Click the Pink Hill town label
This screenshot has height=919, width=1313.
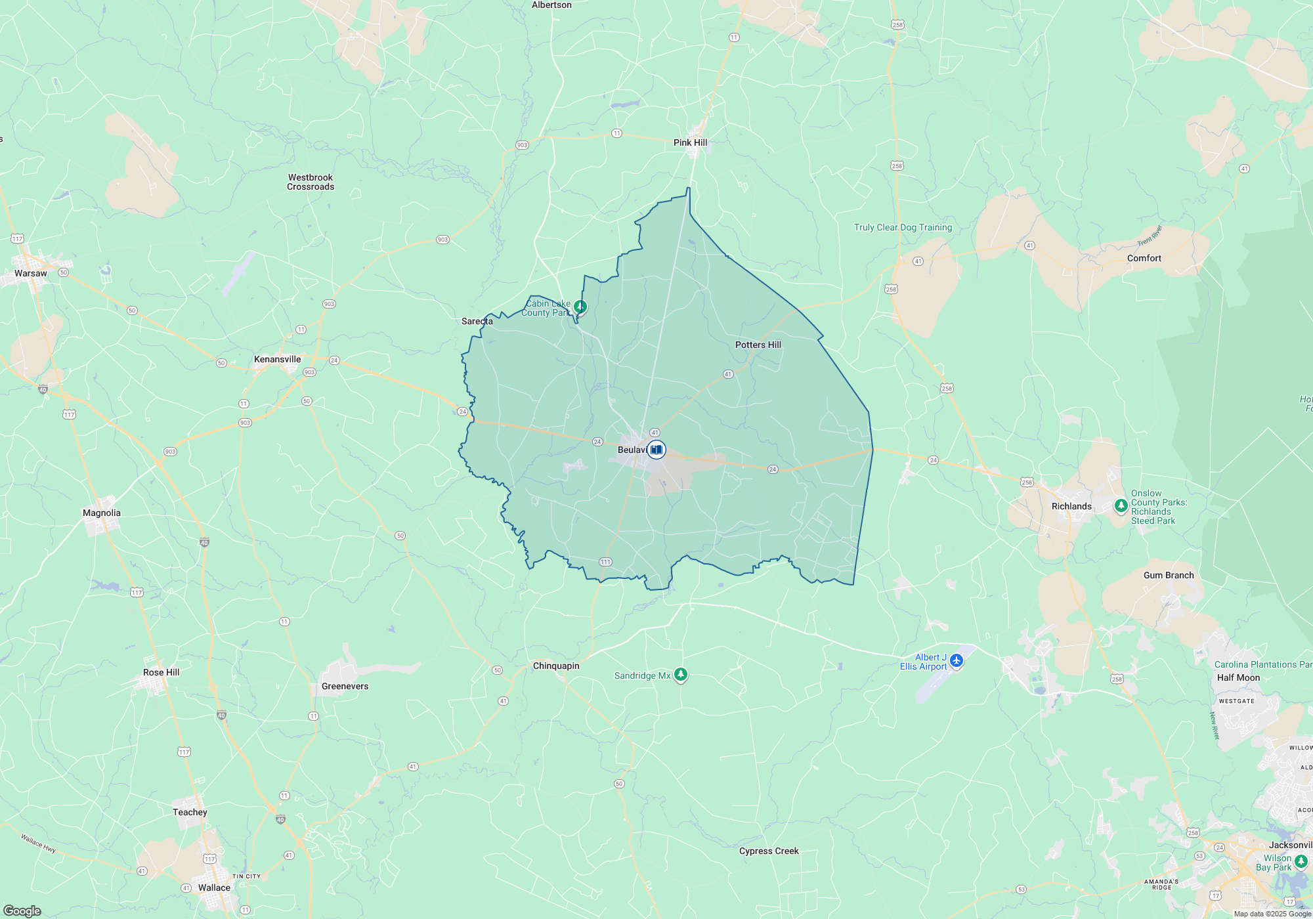pos(690,142)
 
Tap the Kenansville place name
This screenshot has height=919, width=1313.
pos(277,359)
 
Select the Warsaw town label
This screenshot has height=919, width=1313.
pos(31,273)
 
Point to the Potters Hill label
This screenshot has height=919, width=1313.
pos(758,345)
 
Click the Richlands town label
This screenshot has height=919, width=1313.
pos(1071,506)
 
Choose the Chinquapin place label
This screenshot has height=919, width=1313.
pos(555,666)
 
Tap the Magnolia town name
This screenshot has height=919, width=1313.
pos(101,513)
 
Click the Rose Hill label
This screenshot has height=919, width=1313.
pos(161,672)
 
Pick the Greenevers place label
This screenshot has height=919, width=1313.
pos(345,686)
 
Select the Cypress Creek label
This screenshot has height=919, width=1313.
pos(768,851)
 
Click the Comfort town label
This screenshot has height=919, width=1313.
pos(1144,258)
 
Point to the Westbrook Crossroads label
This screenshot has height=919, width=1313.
pos(311,182)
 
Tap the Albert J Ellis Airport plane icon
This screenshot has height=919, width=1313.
pos(957,660)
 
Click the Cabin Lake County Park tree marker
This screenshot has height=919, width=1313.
pos(580,307)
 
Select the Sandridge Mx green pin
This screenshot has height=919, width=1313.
pos(681,674)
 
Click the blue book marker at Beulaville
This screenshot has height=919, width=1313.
pos(656,450)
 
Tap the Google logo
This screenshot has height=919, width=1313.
pos(22,911)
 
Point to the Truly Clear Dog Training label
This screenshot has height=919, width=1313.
pos(903,227)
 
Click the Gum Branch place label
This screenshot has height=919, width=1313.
pos(1168,575)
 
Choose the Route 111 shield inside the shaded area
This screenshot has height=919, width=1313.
pos(605,562)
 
